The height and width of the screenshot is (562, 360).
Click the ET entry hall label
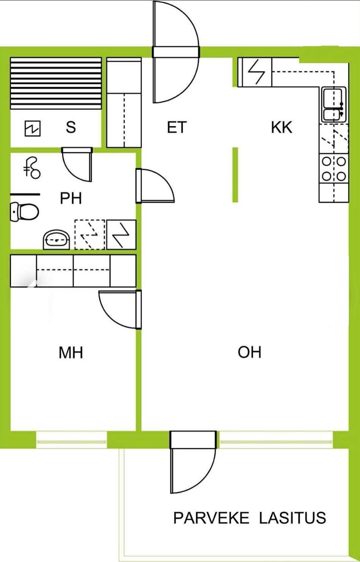pyautogui.click(x=177, y=127)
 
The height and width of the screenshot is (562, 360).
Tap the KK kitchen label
pyautogui.click(x=282, y=127)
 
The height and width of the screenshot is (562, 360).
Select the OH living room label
pyautogui.click(x=250, y=352)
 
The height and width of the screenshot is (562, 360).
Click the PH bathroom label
pyautogui.click(x=71, y=198)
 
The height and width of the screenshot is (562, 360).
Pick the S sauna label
pyautogui.click(x=71, y=127)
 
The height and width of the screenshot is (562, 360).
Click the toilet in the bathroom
pyautogui.click(x=25, y=212)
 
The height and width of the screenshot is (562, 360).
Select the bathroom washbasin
pyautogui.click(x=56, y=240)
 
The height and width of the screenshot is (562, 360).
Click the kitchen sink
pyautogui.click(x=334, y=105)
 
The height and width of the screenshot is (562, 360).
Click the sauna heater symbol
pyautogui.click(x=33, y=128)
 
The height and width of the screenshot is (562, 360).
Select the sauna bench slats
pyautogui.click(x=56, y=83)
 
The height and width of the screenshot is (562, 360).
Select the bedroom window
pyautogui.click(x=71, y=440)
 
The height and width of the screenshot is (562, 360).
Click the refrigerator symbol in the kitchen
pyautogui.click(x=255, y=72)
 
